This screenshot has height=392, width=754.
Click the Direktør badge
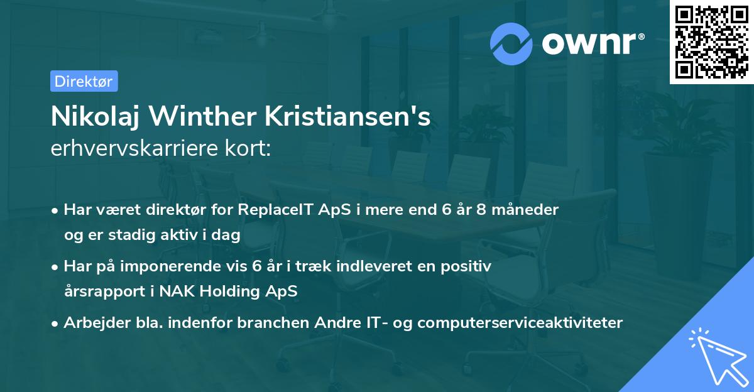(x=84, y=81)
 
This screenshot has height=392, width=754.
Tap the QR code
(x=711, y=41)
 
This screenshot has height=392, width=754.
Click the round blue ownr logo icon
(x=512, y=43)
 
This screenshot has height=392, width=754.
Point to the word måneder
(x=526, y=209)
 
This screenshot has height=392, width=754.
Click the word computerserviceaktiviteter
(x=520, y=322)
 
